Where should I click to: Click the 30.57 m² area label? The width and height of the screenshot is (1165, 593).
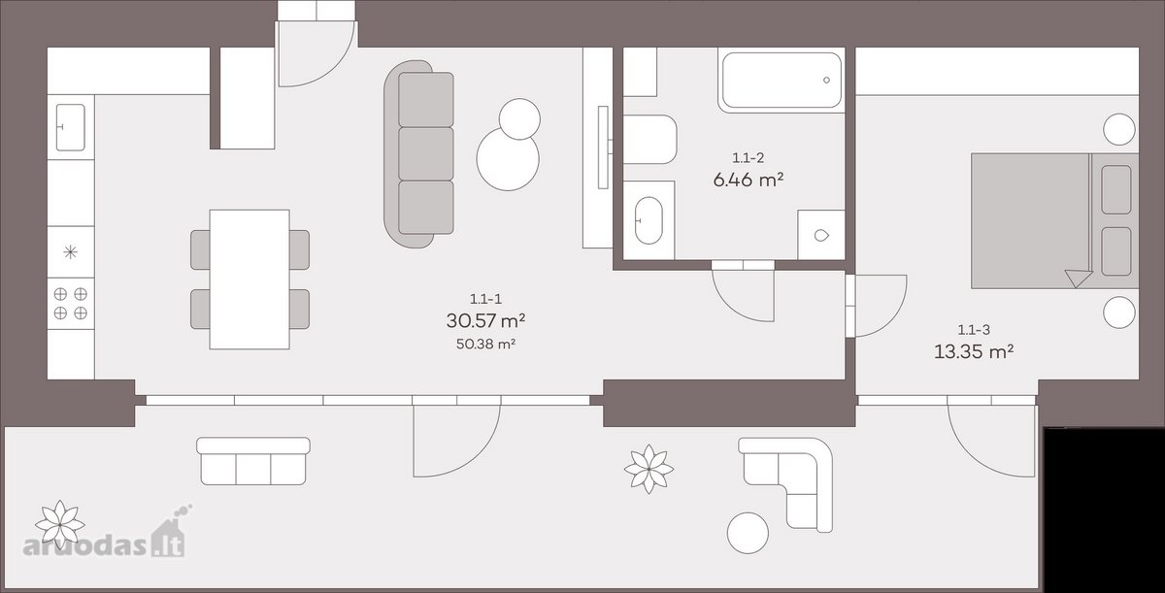[x=485, y=320]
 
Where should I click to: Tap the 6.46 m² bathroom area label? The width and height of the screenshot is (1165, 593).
[x=749, y=180]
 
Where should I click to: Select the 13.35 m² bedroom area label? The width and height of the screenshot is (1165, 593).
[x=974, y=352]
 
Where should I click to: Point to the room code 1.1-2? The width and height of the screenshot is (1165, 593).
[x=748, y=157]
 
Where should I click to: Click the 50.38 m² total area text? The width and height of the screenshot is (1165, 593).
[x=485, y=344]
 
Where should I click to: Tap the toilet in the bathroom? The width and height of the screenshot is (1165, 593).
[x=650, y=140]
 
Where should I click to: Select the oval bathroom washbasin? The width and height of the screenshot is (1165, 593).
[x=649, y=220]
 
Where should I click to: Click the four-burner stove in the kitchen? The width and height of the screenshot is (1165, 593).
[x=71, y=304]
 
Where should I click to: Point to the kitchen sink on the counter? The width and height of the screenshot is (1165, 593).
[x=70, y=127]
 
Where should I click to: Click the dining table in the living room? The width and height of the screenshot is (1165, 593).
[x=250, y=280]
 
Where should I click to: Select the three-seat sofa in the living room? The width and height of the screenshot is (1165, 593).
[x=419, y=154]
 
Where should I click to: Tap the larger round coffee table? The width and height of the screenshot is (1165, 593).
[x=508, y=159]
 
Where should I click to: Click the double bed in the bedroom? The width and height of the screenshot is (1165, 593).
[x=1054, y=220]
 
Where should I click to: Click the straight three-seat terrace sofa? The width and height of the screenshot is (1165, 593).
[x=253, y=461]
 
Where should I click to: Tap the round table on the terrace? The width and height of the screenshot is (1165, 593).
[x=748, y=533]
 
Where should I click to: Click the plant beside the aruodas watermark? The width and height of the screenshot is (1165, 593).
[x=60, y=525]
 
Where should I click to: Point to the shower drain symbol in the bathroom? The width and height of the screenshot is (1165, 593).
[x=821, y=236]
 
